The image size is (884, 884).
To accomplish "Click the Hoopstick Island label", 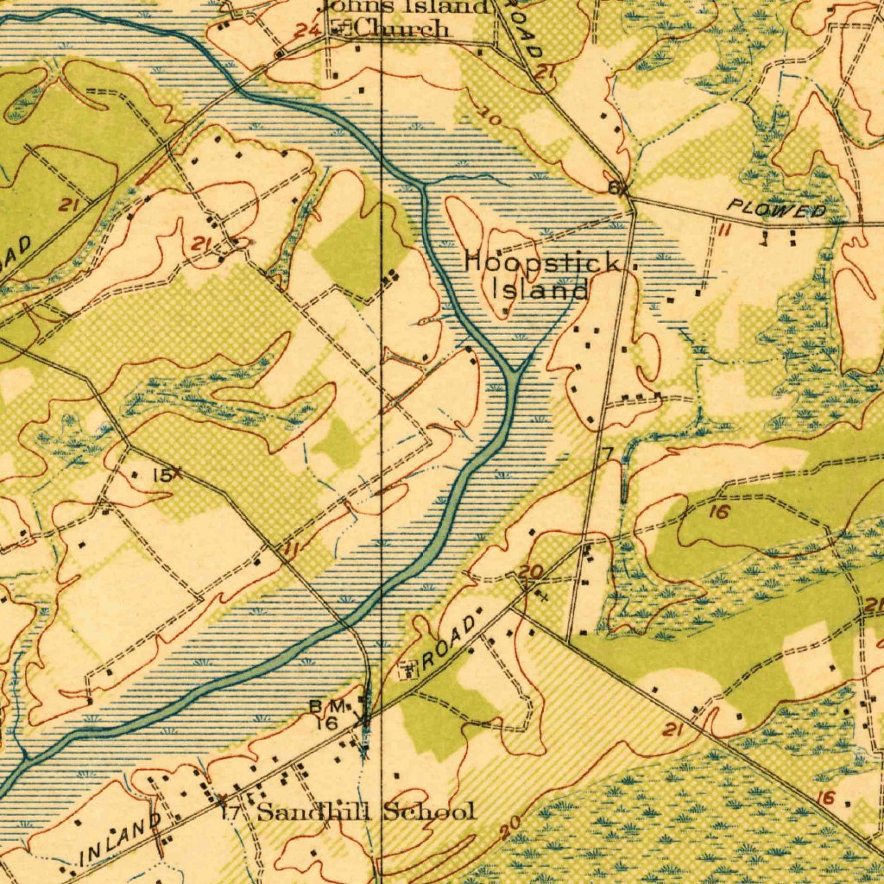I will click(x=541, y=275).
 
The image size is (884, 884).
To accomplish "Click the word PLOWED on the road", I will click(x=776, y=210).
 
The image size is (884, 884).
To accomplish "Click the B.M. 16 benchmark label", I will click(x=327, y=715).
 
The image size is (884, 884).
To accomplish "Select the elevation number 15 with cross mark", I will click(x=161, y=475).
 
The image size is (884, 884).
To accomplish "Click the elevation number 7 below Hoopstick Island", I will click(x=607, y=453).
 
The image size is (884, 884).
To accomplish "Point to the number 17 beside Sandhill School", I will click(x=230, y=812).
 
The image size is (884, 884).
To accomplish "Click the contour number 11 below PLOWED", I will click(x=723, y=229).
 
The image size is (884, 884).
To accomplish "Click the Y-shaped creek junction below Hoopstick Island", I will click(x=515, y=373).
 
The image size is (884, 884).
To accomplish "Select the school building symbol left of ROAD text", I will click(x=407, y=668).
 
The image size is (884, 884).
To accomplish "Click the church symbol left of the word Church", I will click(x=339, y=29).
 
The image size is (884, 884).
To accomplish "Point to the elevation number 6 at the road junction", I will click(x=613, y=188).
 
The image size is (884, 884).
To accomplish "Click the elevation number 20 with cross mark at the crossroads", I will click(x=530, y=571).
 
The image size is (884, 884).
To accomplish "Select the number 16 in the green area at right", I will click(x=720, y=512).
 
